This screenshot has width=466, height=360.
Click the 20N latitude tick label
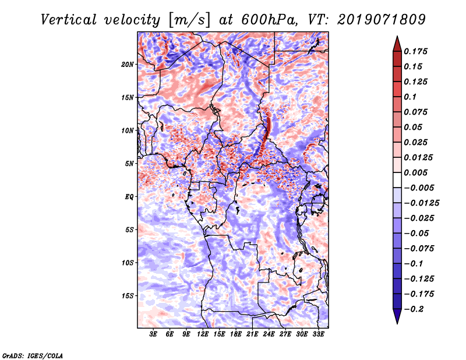(128, 64)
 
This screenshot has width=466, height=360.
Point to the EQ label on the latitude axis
(129, 197)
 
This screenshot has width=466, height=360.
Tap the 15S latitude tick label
(128, 296)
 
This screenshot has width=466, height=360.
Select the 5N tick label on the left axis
(129, 164)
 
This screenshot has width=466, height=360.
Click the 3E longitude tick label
(154, 335)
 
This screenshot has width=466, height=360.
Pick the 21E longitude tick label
(253, 335)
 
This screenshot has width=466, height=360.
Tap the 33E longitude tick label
(319, 335)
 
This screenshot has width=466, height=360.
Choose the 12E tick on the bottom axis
(203, 335)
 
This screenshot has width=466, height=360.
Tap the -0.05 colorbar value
(416, 233)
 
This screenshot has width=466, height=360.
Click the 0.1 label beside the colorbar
(412, 97)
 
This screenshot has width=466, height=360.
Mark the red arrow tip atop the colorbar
(396, 41)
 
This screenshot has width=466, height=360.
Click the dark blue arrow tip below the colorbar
(396, 319)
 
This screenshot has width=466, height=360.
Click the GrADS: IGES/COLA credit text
(33, 355)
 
